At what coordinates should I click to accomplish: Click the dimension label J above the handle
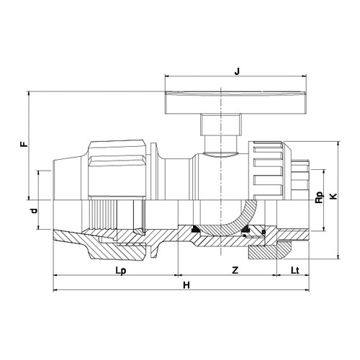(x=237, y=71)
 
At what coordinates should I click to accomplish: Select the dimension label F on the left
(x=24, y=144)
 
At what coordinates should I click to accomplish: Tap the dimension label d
(x=35, y=211)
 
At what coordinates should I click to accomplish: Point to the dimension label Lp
(x=121, y=271)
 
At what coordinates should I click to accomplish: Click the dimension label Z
(x=235, y=270)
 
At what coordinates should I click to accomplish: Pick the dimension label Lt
(x=295, y=270)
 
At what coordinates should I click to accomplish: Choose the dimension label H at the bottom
(x=186, y=285)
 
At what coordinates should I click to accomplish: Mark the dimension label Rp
(x=320, y=197)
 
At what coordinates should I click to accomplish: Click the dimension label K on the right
(x=333, y=197)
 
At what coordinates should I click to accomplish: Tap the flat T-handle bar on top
(x=235, y=102)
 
